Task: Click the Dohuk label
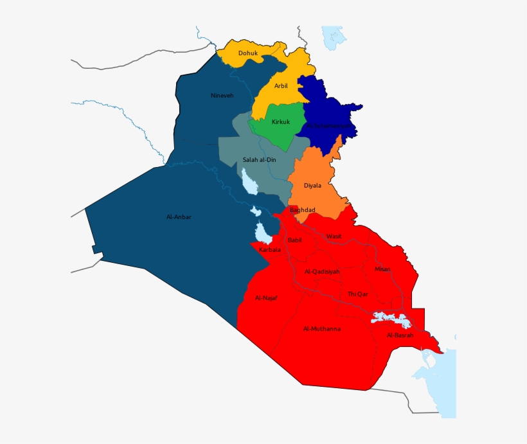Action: click(x=248, y=53)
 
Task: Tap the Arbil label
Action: click(x=281, y=85)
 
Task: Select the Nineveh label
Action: click(x=222, y=96)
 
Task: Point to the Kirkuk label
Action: click(x=281, y=122)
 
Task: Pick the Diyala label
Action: click(x=313, y=186)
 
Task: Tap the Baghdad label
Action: click(x=303, y=210)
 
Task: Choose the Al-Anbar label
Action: click(x=179, y=217)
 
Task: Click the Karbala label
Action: click(x=270, y=249)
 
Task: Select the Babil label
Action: click(x=295, y=240)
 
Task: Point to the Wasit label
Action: click(x=334, y=236)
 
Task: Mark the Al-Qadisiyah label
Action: click(x=322, y=272)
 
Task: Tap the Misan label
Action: click(x=382, y=269)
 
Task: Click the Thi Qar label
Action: click(x=358, y=294)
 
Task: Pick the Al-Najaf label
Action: click(x=266, y=297)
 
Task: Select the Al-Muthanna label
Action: click(x=322, y=329)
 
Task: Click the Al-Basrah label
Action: click(x=400, y=335)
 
